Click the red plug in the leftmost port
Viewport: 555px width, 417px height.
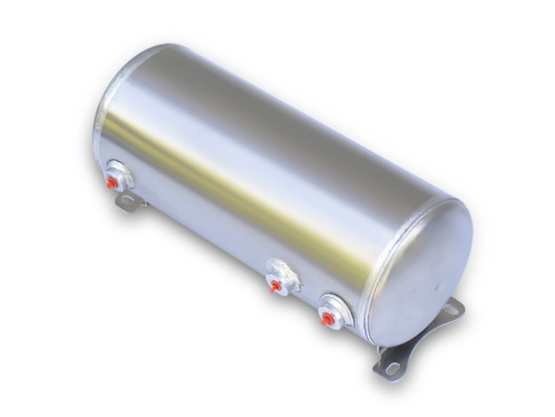pyautogui.click(x=111, y=183)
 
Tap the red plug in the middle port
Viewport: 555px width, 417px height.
pyautogui.click(x=276, y=286)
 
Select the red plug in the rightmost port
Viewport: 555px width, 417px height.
pyautogui.click(x=326, y=318)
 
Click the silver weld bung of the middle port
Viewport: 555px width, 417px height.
pyautogui.click(x=284, y=276)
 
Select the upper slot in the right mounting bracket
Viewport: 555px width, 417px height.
pyautogui.click(x=453, y=310)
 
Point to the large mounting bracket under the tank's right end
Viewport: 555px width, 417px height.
pyautogui.click(x=418, y=343)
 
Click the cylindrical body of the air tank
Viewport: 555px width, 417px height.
pyautogui.click(x=269, y=179)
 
